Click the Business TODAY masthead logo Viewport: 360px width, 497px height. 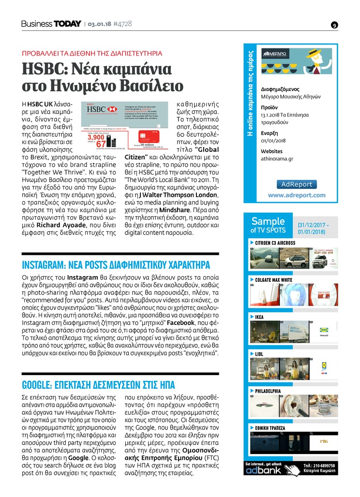click(x=51, y=24)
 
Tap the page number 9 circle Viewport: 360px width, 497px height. click(x=334, y=25)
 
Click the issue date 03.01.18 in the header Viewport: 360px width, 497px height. click(x=99, y=24)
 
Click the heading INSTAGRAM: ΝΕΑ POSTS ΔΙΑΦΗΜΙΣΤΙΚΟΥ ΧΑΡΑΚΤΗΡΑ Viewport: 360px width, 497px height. click(x=116, y=265)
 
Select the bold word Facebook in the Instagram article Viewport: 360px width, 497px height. click(x=180, y=322)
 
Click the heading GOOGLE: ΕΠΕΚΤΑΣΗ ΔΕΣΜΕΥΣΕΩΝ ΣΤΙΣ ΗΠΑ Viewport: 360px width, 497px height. click(x=99, y=385)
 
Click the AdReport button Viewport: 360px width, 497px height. click(x=297, y=184)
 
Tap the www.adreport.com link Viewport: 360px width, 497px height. click(x=297, y=195)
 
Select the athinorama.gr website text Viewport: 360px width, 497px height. click(x=277, y=159)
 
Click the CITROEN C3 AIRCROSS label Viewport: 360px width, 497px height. click(x=275, y=243)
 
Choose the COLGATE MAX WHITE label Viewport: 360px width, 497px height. click(x=273, y=280)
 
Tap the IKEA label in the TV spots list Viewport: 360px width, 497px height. click(x=259, y=317)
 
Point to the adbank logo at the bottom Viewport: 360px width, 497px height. click(x=263, y=469)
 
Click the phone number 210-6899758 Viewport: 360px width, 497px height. click(x=319, y=466)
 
